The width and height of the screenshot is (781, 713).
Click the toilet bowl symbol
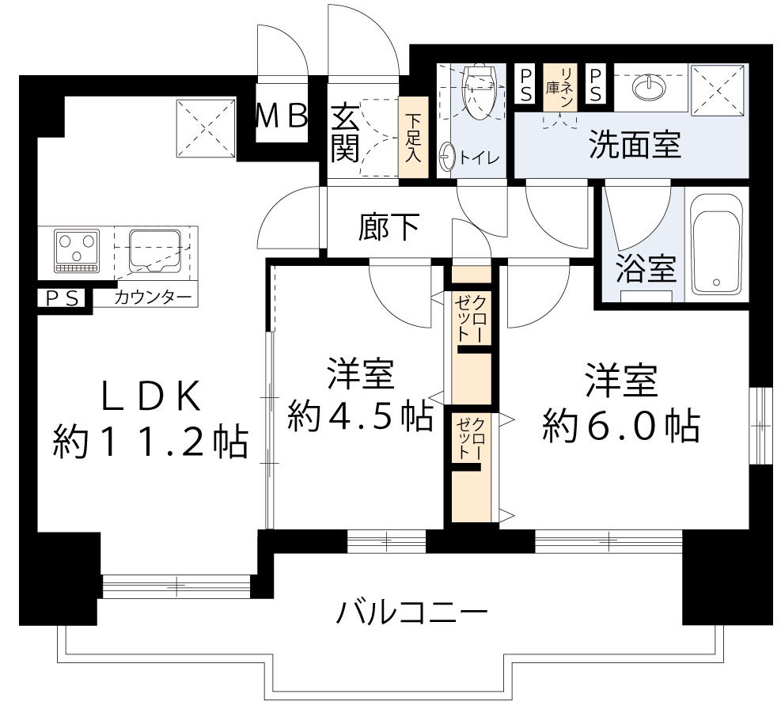coord(479,90)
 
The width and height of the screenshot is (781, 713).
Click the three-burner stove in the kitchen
coord(77,248)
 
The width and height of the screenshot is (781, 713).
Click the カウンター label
coord(153,298)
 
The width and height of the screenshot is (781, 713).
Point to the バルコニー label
coord(411,612)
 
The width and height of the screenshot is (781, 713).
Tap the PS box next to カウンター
coord(59,298)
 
